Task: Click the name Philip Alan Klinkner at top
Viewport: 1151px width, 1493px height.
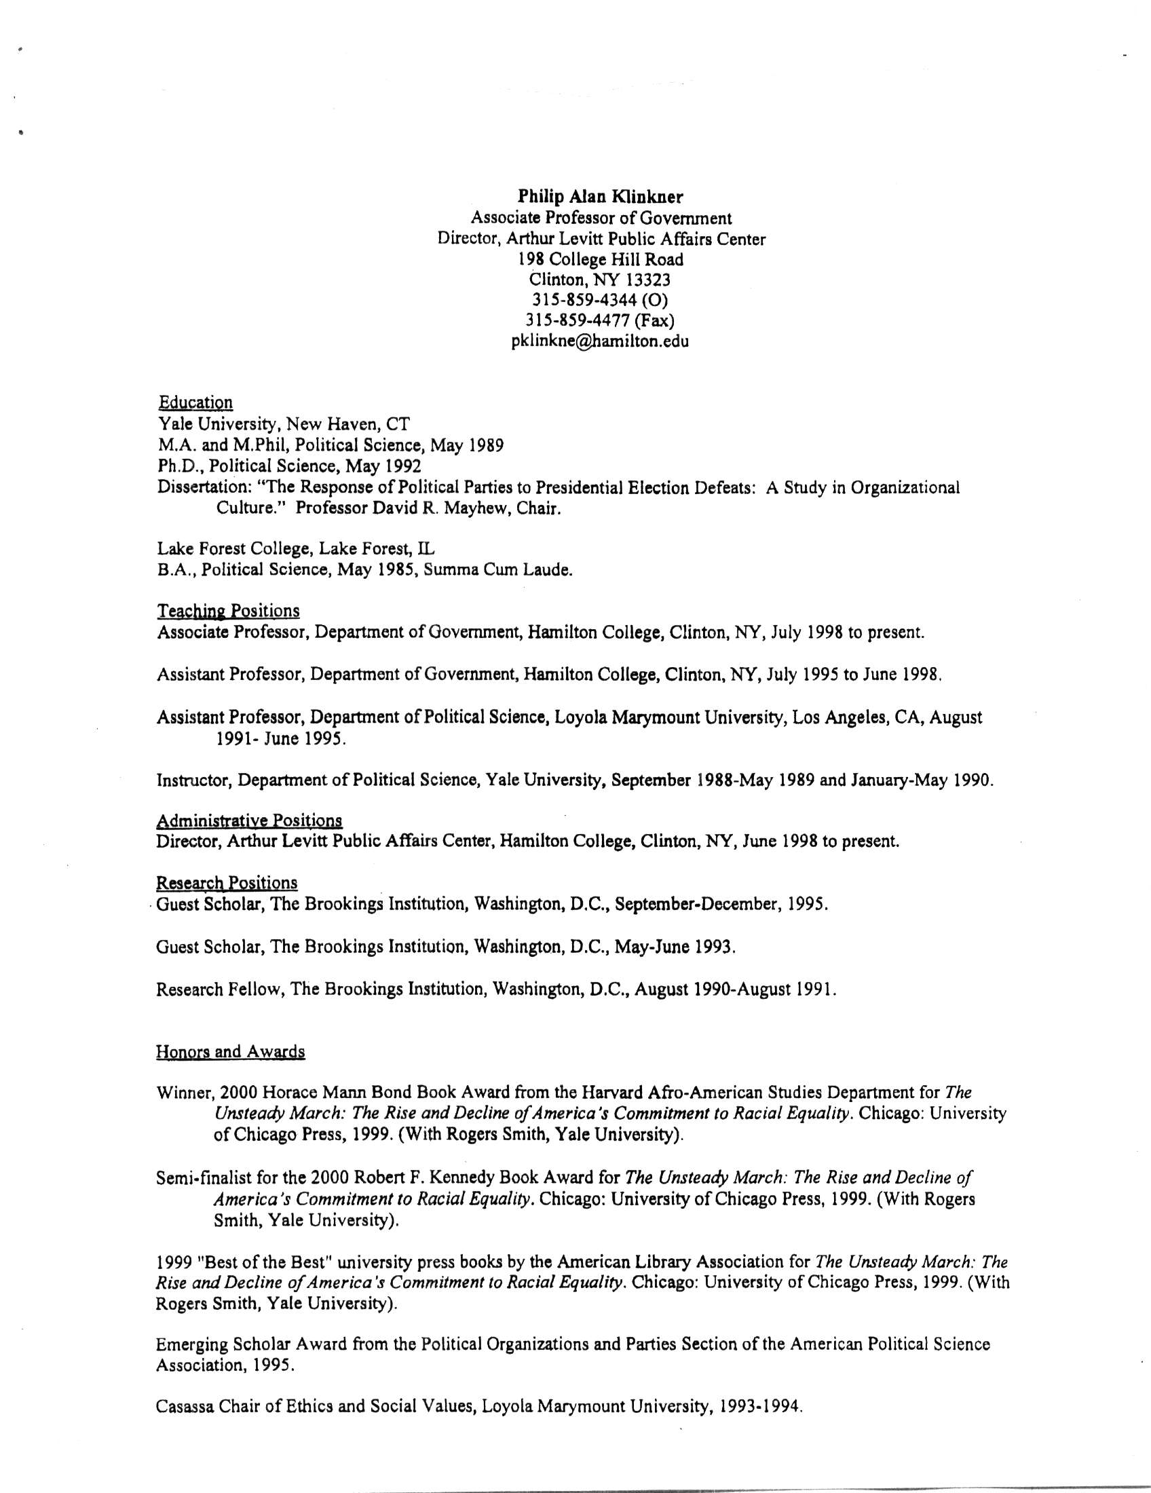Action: point(600,197)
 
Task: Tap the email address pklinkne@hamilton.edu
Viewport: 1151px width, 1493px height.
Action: point(599,341)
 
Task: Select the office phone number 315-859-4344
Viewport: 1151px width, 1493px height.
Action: point(586,300)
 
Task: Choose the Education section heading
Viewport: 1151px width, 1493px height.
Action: point(195,402)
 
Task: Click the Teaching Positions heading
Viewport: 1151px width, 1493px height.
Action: point(227,611)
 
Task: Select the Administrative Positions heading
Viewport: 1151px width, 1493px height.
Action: point(249,820)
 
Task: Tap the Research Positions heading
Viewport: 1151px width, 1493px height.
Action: point(226,882)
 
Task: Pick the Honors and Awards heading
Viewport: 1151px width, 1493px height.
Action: point(229,1051)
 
